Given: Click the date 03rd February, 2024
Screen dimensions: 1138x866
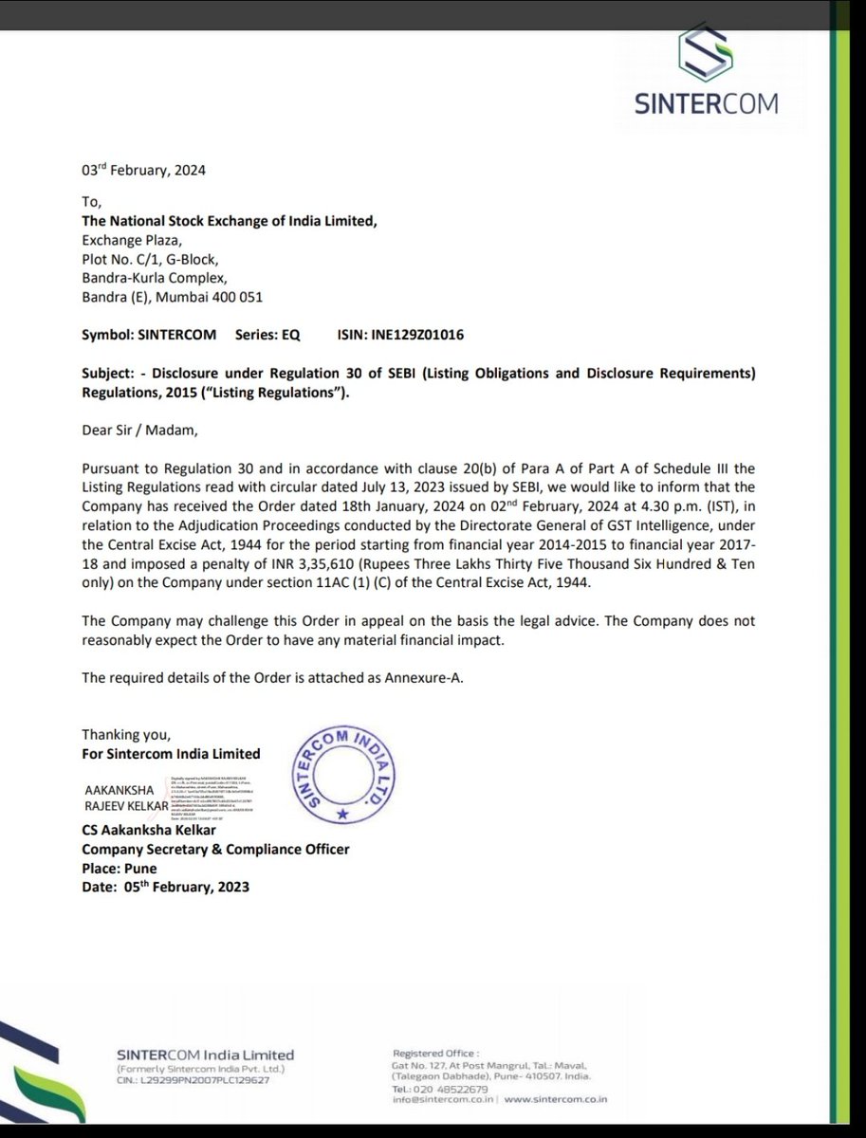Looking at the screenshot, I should (x=143, y=171).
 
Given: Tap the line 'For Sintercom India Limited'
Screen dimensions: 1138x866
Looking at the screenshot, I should (x=171, y=754).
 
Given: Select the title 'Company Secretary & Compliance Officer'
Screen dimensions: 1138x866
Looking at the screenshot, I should (x=215, y=851).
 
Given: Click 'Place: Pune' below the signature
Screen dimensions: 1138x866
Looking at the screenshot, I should (x=120, y=868).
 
